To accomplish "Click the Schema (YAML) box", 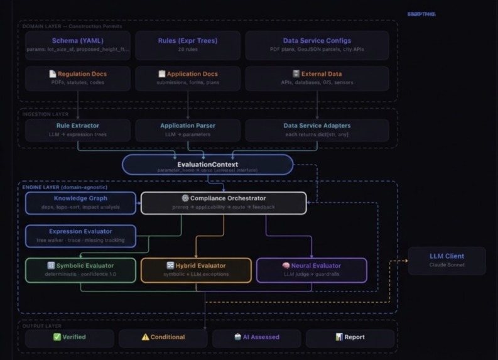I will tap(78, 45).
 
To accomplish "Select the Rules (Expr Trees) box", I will tap(188, 45).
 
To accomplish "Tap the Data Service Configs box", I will tap(317, 45).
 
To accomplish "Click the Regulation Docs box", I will tap(78, 79).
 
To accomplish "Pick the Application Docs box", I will tap(188, 79).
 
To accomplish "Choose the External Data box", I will tap(317, 79).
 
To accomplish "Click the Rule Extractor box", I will tap(78, 130).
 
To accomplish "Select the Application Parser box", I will tap(188, 130).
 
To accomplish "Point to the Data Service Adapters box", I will tap(317, 130).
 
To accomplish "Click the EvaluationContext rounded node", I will tap(207, 165).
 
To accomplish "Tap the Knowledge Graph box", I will tap(80, 203).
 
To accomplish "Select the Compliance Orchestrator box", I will tap(224, 203).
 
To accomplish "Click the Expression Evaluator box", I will tap(80, 236).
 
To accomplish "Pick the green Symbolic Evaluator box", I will tap(80, 270).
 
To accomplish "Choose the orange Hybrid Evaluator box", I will tap(196, 270).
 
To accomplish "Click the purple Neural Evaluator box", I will tap(311, 270).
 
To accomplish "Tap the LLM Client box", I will tap(447, 260).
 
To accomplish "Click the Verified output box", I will tap(69, 338).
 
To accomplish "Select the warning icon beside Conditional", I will tap(145, 337).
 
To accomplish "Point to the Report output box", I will tap(350, 338).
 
